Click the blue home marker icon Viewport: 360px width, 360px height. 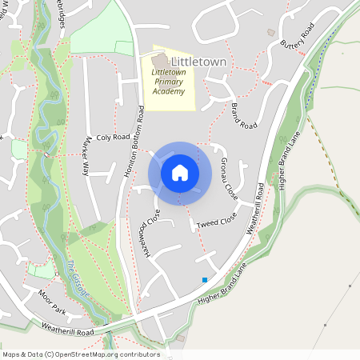[180, 172]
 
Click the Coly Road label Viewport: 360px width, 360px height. [113, 138]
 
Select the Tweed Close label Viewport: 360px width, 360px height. [217, 221]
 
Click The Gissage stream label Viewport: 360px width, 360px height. [78, 277]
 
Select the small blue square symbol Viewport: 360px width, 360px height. [205, 280]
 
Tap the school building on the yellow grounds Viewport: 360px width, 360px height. [160, 61]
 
